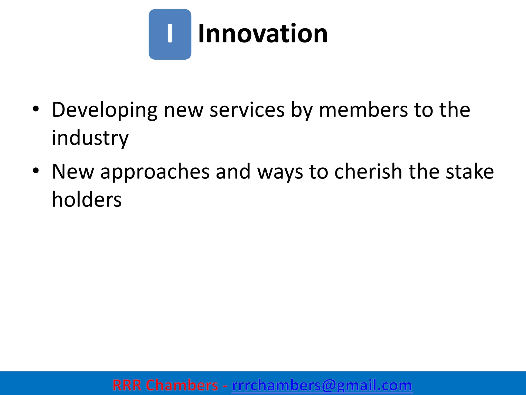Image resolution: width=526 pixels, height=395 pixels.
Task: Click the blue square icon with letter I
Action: coord(170,34)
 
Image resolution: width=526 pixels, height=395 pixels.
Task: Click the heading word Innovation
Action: coord(262,34)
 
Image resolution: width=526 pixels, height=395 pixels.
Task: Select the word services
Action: coord(247,110)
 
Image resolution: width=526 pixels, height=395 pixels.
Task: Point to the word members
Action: coord(363,110)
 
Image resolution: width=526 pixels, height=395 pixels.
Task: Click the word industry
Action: coord(90,138)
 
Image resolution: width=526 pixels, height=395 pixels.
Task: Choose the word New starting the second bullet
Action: coord(73,172)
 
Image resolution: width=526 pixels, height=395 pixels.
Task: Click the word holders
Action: coord(87,200)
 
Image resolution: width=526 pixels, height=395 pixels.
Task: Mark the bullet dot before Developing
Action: coord(36,109)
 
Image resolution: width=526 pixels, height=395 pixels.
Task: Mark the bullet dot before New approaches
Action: coord(36,170)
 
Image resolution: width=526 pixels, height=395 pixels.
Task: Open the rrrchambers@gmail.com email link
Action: coord(322,385)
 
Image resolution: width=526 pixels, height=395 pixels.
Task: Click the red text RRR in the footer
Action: coord(127,385)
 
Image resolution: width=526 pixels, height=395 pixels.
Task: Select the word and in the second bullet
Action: coord(233,172)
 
